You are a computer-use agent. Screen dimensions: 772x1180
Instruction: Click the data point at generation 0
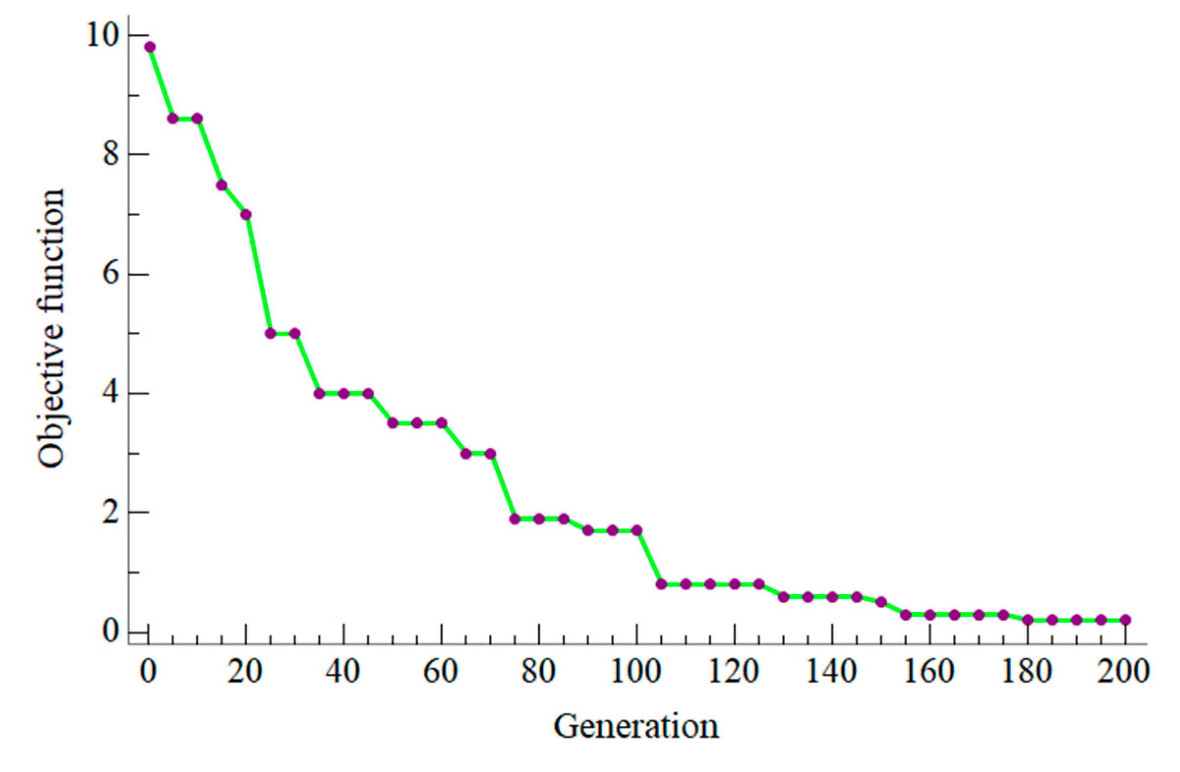coord(150,47)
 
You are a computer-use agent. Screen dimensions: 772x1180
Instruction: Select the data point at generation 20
coord(246,214)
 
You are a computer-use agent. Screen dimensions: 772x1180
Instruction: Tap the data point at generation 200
coord(1125,620)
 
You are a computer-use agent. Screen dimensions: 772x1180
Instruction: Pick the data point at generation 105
coord(661,584)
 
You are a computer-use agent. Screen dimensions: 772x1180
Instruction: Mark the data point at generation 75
coord(515,519)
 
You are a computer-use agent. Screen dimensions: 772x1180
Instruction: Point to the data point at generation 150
coord(881,602)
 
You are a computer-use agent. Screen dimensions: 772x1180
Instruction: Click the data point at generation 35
coord(319,394)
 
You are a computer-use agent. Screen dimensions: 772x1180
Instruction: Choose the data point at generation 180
coord(1027,620)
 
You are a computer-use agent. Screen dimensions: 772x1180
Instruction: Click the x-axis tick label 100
coord(636,673)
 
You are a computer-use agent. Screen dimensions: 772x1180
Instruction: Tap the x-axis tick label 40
coord(343,673)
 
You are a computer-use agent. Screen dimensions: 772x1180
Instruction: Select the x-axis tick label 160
coord(930,673)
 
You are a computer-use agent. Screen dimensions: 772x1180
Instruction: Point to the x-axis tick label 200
coord(1125,673)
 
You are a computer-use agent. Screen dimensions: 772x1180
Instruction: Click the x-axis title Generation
coord(636,727)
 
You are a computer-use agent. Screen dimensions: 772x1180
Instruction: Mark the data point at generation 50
coord(393,423)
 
